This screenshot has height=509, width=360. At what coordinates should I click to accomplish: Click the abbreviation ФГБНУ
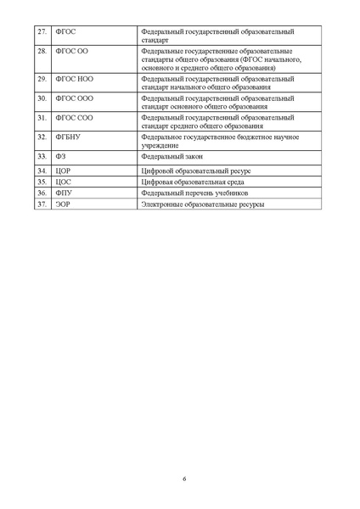[67, 137]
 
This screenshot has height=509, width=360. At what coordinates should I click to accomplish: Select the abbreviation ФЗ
[59, 157]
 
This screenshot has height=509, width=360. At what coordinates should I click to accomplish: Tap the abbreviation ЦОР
[62, 171]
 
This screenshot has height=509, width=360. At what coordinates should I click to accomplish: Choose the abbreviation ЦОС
[62, 182]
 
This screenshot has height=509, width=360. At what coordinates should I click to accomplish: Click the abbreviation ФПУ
[63, 193]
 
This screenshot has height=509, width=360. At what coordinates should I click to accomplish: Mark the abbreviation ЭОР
[62, 204]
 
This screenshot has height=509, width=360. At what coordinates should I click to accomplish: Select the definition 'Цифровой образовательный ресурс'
[195, 171]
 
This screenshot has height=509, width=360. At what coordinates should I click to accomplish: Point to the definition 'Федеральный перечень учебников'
[194, 193]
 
